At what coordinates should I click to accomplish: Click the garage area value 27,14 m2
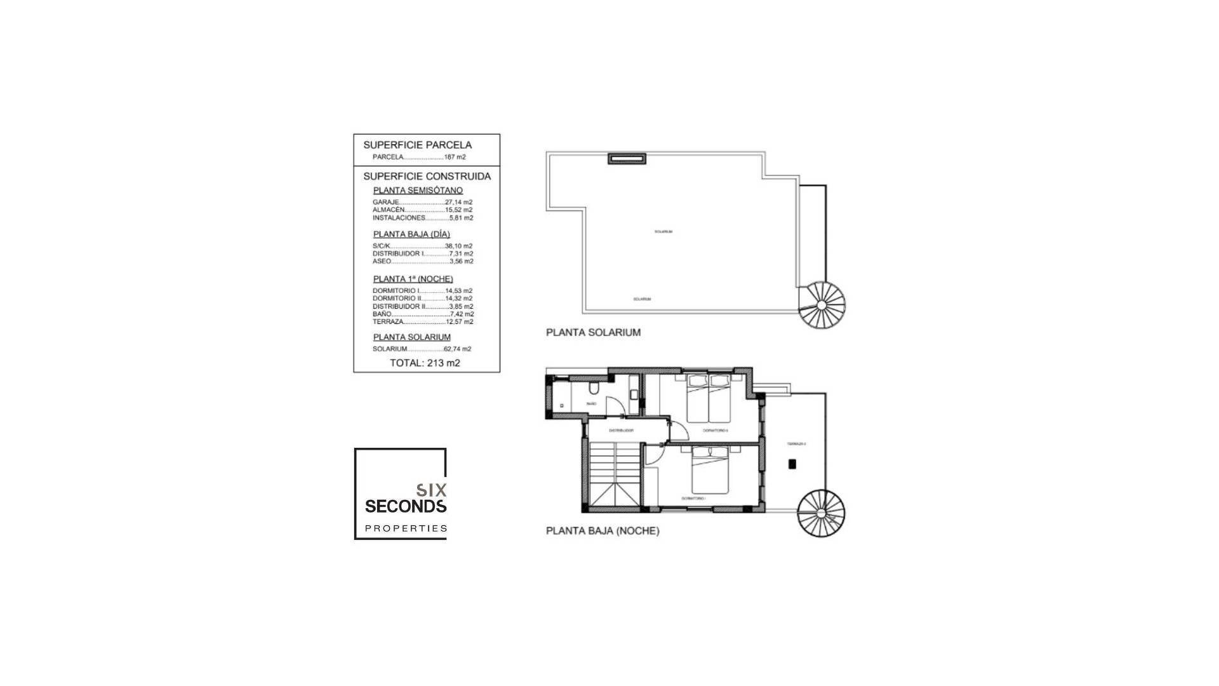(x=458, y=202)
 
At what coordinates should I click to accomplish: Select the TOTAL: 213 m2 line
(x=425, y=363)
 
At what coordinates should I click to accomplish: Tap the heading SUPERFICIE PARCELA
(x=417, y=145)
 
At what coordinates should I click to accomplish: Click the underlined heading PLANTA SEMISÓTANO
(x=418, y=191)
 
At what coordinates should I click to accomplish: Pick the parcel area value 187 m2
(x=455, y=157)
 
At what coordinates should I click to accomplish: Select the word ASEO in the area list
(x=382, y=261)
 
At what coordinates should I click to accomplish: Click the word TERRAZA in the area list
(x=388, y=321)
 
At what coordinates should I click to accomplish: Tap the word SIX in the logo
(x=432, y=490)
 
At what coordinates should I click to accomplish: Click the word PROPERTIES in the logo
(x=406, y=528)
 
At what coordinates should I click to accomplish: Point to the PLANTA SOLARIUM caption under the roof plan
(x=593, y=332)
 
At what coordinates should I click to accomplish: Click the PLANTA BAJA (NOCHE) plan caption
(x=603, y=531)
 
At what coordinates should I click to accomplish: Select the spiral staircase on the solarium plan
(x=822, y=306)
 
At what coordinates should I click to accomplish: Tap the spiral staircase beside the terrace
(x=821, y=513)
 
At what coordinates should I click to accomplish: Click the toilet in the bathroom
(x=594, y=387)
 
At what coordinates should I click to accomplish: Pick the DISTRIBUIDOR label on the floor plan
(x=621, y=431)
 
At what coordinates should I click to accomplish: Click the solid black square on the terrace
(x=792, y=464)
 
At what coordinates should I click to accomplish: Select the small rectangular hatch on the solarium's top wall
(x=627, y=159)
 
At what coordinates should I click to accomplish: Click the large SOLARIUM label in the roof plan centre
(x=663, y=232)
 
